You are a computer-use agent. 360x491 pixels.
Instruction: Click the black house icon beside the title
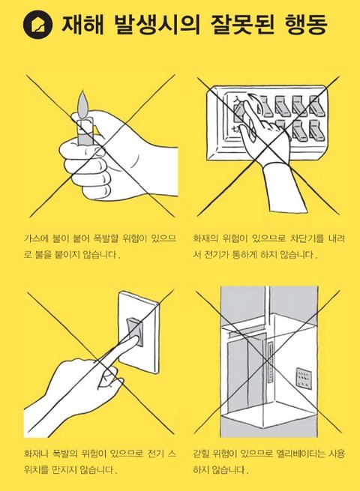pyautogui.click(x=37, y=25)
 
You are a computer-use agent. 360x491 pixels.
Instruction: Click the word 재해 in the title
pyautogui.click(x=82, y=25)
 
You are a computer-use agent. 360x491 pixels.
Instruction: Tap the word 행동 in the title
pyautogui.click(x=306, y=25)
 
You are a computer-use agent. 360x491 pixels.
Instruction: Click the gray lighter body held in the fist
pyautogui.click(x=85, y=131)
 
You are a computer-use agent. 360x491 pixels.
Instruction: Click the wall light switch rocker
pyautogui.click(x=135, y=333)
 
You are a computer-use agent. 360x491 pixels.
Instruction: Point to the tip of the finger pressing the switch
pyautogui.click(x=137, y=340)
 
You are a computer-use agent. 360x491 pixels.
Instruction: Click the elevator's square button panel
pyautogui.click(x=304, y=378)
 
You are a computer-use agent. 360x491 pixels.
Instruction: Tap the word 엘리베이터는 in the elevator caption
pyautogui.click(x=299, y=454)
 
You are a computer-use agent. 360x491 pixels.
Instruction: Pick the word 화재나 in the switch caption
pyautogui.click(x=36, y=454)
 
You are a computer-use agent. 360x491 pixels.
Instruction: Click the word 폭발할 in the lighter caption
pyautogui.click(x=106, y=239)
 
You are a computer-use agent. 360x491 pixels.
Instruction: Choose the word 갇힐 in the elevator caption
pyautogui.click(x=200, y=454)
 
